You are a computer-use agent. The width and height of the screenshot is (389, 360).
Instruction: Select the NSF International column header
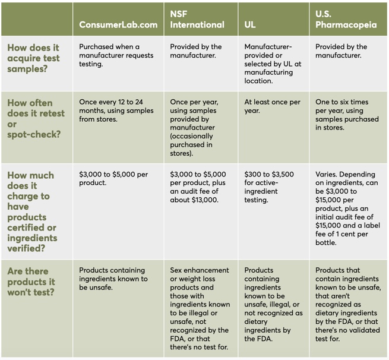(x=197, y=20)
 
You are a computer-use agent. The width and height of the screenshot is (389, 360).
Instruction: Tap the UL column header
(x=250, y=25)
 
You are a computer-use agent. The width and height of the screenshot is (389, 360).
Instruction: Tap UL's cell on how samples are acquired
(x=272, y=64)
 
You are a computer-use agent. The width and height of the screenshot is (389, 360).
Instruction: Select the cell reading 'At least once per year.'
(x=272, y=106)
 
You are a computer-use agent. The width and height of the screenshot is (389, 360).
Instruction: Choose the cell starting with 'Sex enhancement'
(x=200, y=308)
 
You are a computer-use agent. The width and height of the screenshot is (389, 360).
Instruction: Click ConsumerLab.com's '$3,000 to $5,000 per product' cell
(x=113, y=178)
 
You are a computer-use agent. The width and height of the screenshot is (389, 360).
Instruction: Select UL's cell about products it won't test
(x=273, y=304)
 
